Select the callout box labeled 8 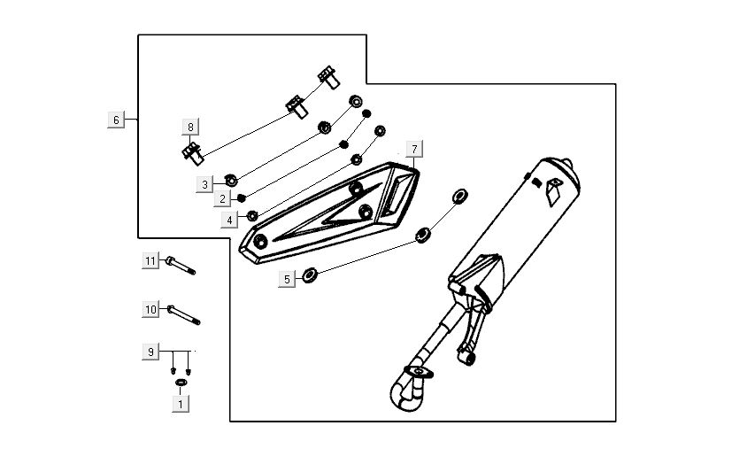[x=189, y=126]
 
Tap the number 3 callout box [x=204, y=184]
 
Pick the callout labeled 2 [x=225, y=199]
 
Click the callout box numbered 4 [x=229, y=219]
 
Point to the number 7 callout [x=414, y=148]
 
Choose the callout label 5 [x=287, y=279]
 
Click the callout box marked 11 [x=151, y=260]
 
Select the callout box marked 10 [x=151, y=309]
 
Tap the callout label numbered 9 [x=151, y=352]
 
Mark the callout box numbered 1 [x=181, y=404]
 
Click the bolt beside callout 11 [x=180, y=265]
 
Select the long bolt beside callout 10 [x=182, y=314]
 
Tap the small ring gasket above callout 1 [x=181, y=382]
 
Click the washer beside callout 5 [x=310, y=274]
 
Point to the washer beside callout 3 [x=230, y=179]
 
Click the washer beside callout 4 [x=252, y=215]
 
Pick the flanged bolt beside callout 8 [x=192, y=153]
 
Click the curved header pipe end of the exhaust [x=403, y=394]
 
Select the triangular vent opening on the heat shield [x=399, y=189]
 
